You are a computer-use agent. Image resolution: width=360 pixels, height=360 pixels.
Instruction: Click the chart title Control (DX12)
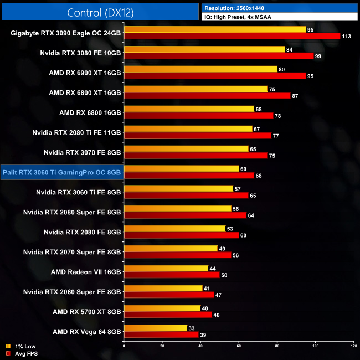click(x=100, y=12)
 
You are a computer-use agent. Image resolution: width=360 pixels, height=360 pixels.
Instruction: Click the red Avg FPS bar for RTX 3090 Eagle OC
click(x=232, y=36)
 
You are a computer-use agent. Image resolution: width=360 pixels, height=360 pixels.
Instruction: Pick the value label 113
click(x=347, y=37)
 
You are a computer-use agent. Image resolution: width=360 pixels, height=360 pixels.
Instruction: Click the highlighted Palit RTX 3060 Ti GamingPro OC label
click(x=62, y=172)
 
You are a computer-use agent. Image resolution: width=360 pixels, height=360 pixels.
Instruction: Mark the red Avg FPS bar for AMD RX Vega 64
click(x=161, y=335)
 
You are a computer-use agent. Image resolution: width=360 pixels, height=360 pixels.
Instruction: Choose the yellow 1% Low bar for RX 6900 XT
click(x=200, y=69)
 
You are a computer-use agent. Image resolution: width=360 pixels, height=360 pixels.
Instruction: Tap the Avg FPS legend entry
click(x=22, y=353)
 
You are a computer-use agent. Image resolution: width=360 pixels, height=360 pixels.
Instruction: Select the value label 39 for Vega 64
click(x=204, y=335)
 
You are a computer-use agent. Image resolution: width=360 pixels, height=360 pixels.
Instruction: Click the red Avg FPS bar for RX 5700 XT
click(x=168, y=315)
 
